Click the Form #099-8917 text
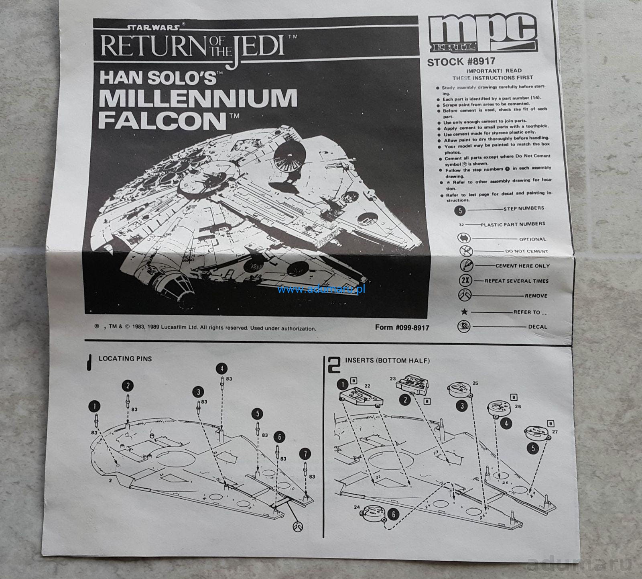402,327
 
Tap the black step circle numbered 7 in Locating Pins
305,454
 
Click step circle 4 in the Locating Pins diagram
221,368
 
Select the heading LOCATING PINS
125,358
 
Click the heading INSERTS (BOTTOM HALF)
387,361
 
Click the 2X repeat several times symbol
465,281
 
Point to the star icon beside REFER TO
465,312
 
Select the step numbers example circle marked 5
461,210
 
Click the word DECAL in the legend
538,327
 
